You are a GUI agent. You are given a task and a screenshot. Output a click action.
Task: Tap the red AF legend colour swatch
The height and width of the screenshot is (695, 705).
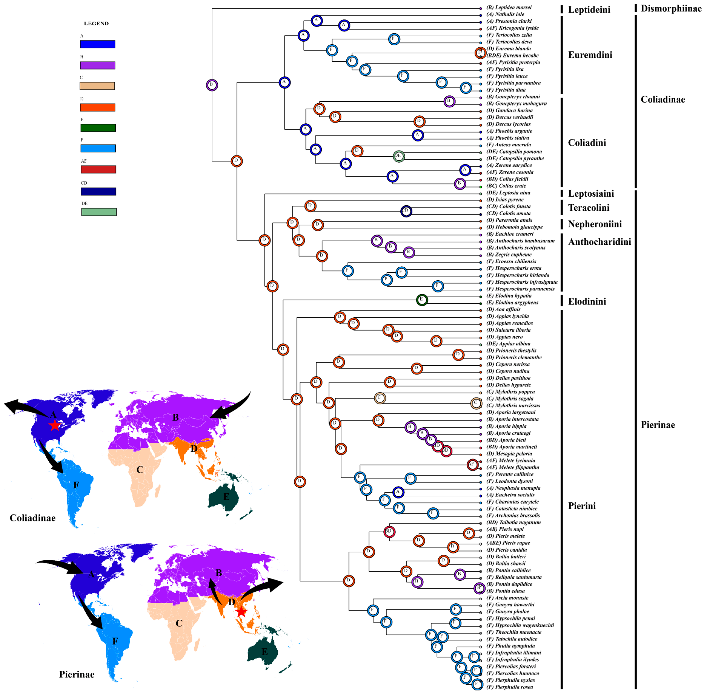click(x=98, y=169)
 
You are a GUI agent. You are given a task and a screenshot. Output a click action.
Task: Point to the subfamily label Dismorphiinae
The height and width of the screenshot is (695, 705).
click(x=671, y=8)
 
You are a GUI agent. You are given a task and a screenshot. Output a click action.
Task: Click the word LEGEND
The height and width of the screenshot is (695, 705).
click(x=96, y=23)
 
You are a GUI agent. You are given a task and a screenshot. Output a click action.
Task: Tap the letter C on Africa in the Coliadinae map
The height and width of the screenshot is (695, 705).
click(x=140, y=470)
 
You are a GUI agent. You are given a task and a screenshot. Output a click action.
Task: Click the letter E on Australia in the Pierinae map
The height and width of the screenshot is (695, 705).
click(x=265, y=652)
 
